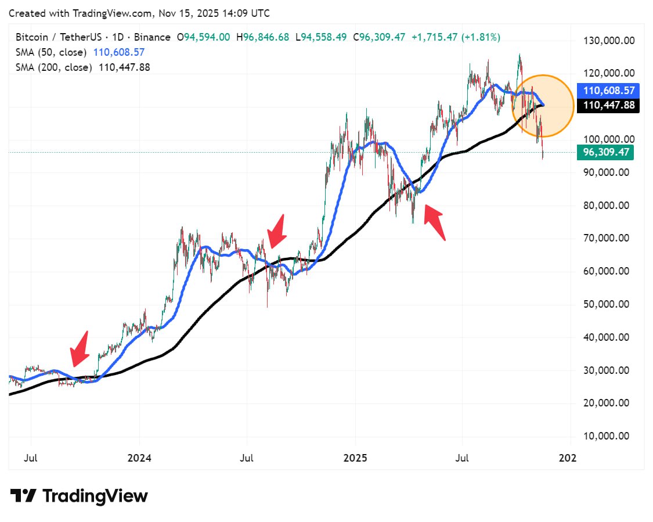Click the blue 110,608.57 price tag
pyautogui.click(x=608, y=91)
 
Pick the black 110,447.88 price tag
pyautogui.click(x=608, y=106)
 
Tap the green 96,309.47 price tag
pyautogui.click(x=605, y=153)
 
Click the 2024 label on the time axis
pyautogui.click(x=139, y=458)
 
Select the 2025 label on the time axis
pyautogui.click(x=355, y=458)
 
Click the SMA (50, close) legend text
pyautogui.click(x=51, y=52)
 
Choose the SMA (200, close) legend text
pyautogui.click(x=54, y=67)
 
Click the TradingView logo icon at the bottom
pyautogui.click(x=24, y=496)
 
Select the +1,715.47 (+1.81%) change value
pyautogui.click(x=456, y=37)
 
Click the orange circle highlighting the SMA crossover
pyautogui.click(x=543, y=106)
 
